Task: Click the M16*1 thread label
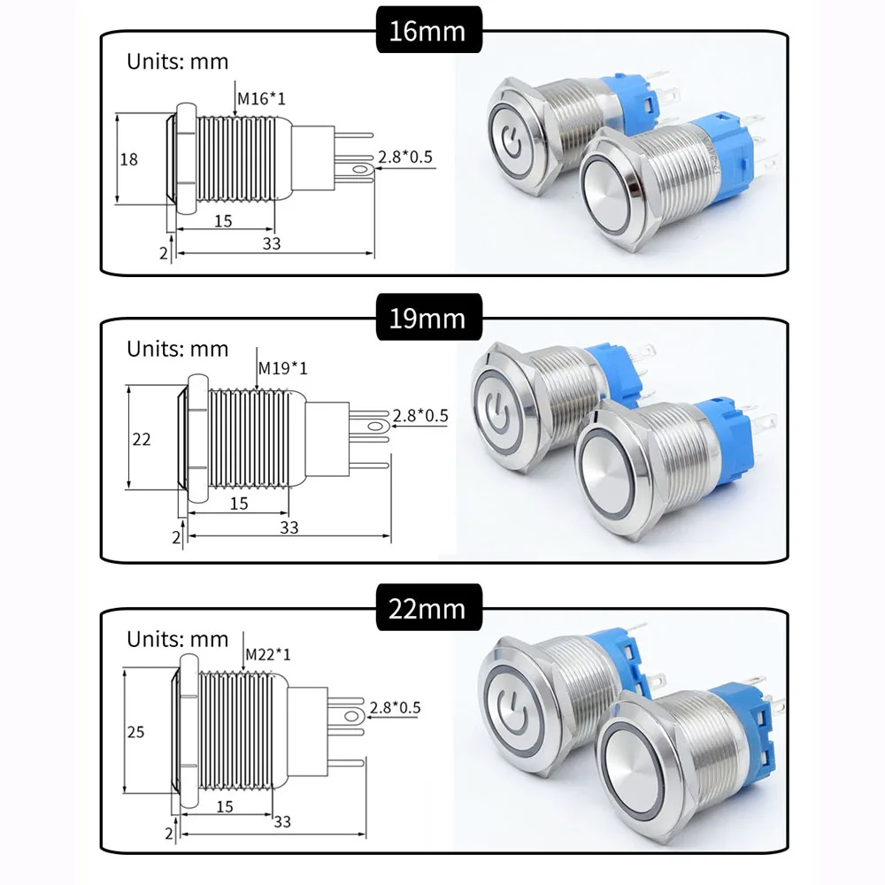[261, 97]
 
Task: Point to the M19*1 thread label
[282, 367]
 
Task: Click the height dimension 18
[129, 159]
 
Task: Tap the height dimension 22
[142, 439]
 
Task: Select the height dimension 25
[135, 732]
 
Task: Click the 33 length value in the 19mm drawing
[289, 527]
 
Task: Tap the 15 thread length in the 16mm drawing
[223, 220]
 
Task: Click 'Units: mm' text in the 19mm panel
[177, 349]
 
